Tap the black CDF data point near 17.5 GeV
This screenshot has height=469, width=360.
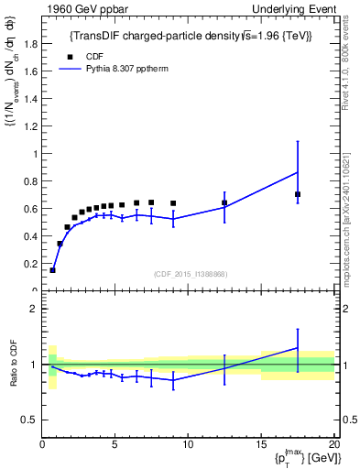(298, 194)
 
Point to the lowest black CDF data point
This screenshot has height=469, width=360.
(52, 270)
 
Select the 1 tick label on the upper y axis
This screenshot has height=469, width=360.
(35, 154)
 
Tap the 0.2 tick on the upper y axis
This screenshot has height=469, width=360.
(29, 264)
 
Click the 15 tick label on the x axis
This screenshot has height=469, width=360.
(261, 446)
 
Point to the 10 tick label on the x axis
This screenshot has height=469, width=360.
(188, 446)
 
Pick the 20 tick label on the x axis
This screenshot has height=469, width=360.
(333, 446)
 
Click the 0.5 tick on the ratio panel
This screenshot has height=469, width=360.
(29, 420)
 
